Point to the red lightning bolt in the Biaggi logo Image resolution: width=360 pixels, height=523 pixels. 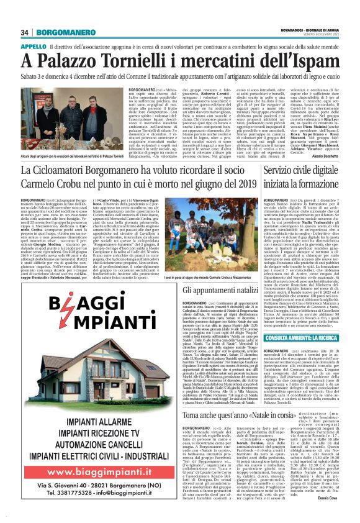click(91, 309)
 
